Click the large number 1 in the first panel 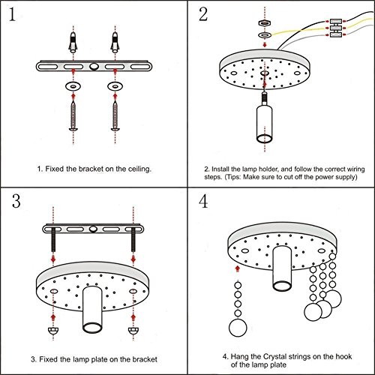pos(12,14)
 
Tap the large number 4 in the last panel pos(203,201)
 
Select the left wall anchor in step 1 pos(73,42)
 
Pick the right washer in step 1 pos(115,86)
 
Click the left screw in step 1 pos(73,116)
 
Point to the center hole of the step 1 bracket pos(94,67)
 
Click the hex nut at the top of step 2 pos(265,23)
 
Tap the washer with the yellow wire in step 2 pos(265,34)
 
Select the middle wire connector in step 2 pos(336,28)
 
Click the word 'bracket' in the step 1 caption pos(91,169)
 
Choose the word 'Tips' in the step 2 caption pos(233,177)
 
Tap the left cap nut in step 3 pos(53,331)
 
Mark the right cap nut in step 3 pos(133,331)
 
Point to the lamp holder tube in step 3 pos(92,310)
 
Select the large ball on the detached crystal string pos(238,328)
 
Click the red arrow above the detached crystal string pos(238,269)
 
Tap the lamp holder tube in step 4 pos(282,268)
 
